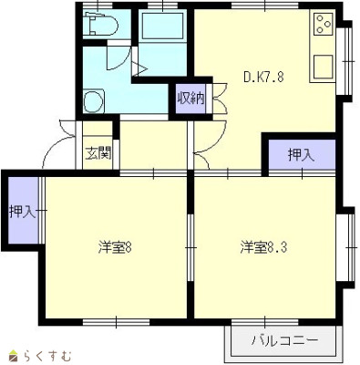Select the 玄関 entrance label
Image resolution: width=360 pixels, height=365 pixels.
point(98,153)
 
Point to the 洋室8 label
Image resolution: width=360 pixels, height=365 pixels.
point(117,247)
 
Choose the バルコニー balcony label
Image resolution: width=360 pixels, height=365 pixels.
point(284,341)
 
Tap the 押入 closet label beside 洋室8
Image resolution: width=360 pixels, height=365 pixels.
point(22,213)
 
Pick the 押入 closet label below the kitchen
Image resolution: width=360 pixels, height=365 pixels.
point(301,156)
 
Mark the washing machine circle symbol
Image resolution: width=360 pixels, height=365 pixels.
point(92,100)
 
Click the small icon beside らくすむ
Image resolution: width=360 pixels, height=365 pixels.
point(13,354)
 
